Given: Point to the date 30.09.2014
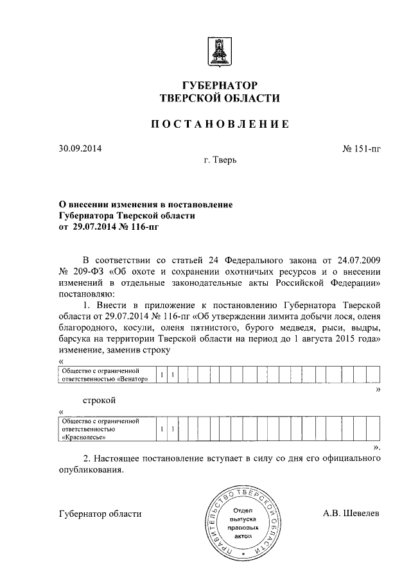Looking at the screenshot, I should click(80, 149).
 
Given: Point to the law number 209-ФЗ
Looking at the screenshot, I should click(87, 271).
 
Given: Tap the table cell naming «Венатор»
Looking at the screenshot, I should click(106, 375).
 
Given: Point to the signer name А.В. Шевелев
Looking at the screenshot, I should click(352, 514).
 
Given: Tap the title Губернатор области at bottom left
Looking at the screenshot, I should click(100, 514).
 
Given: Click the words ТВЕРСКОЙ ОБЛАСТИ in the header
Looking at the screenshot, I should click(220, 98).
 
